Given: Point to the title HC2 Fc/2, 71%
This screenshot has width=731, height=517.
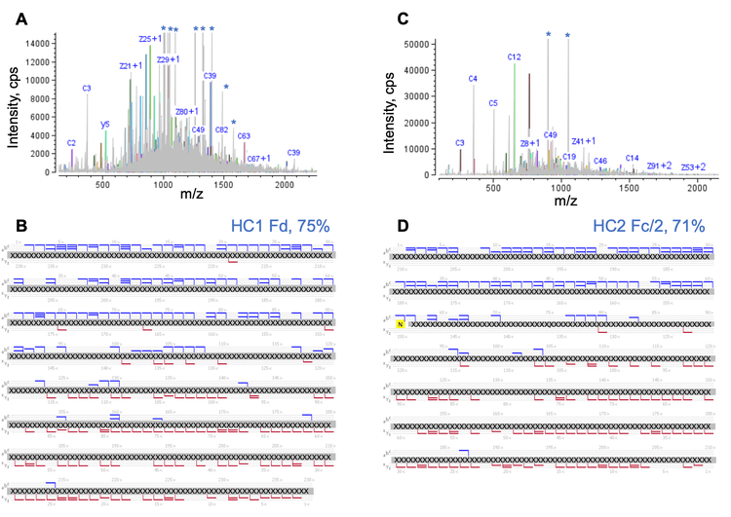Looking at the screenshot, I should (648, 227).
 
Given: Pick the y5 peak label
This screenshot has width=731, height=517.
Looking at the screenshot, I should (105, 125).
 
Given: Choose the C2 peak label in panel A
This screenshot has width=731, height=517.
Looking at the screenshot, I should (71, 143).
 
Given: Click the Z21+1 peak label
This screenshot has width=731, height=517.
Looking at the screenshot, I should (131, 65).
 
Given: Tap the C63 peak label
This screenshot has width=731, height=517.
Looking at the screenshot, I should (244, 136).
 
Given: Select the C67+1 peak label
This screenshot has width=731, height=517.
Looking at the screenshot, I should (258, 158).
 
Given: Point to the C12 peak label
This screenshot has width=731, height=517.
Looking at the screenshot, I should (515, 57).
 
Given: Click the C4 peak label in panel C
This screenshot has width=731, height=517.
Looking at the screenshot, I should (473, 79).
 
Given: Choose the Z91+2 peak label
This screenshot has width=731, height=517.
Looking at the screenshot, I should (659, 166).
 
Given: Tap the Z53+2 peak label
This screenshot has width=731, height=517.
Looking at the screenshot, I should (693, 167).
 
